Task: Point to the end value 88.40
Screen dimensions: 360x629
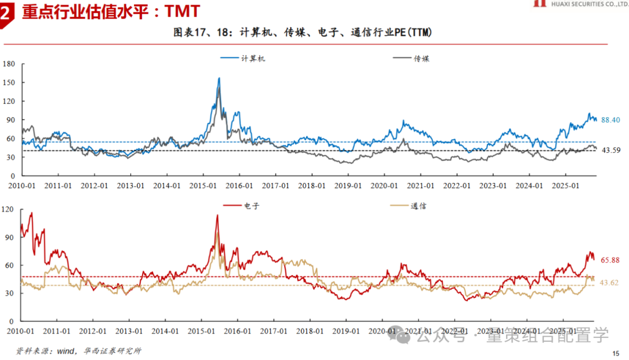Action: click(x=610, y=120)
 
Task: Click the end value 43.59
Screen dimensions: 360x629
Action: click(x=610, y=150)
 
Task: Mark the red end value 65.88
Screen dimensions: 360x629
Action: click(x=610, y=260)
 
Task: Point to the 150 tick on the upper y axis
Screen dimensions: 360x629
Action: click(x=9, y=82)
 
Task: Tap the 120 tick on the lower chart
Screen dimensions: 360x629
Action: click(x=9, y=210)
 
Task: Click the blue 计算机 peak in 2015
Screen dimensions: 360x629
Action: click(x=219, y=78)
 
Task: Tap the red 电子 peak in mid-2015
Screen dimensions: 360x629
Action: click(x=217, y=215)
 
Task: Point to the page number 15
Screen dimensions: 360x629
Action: click(x=616, y=354)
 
